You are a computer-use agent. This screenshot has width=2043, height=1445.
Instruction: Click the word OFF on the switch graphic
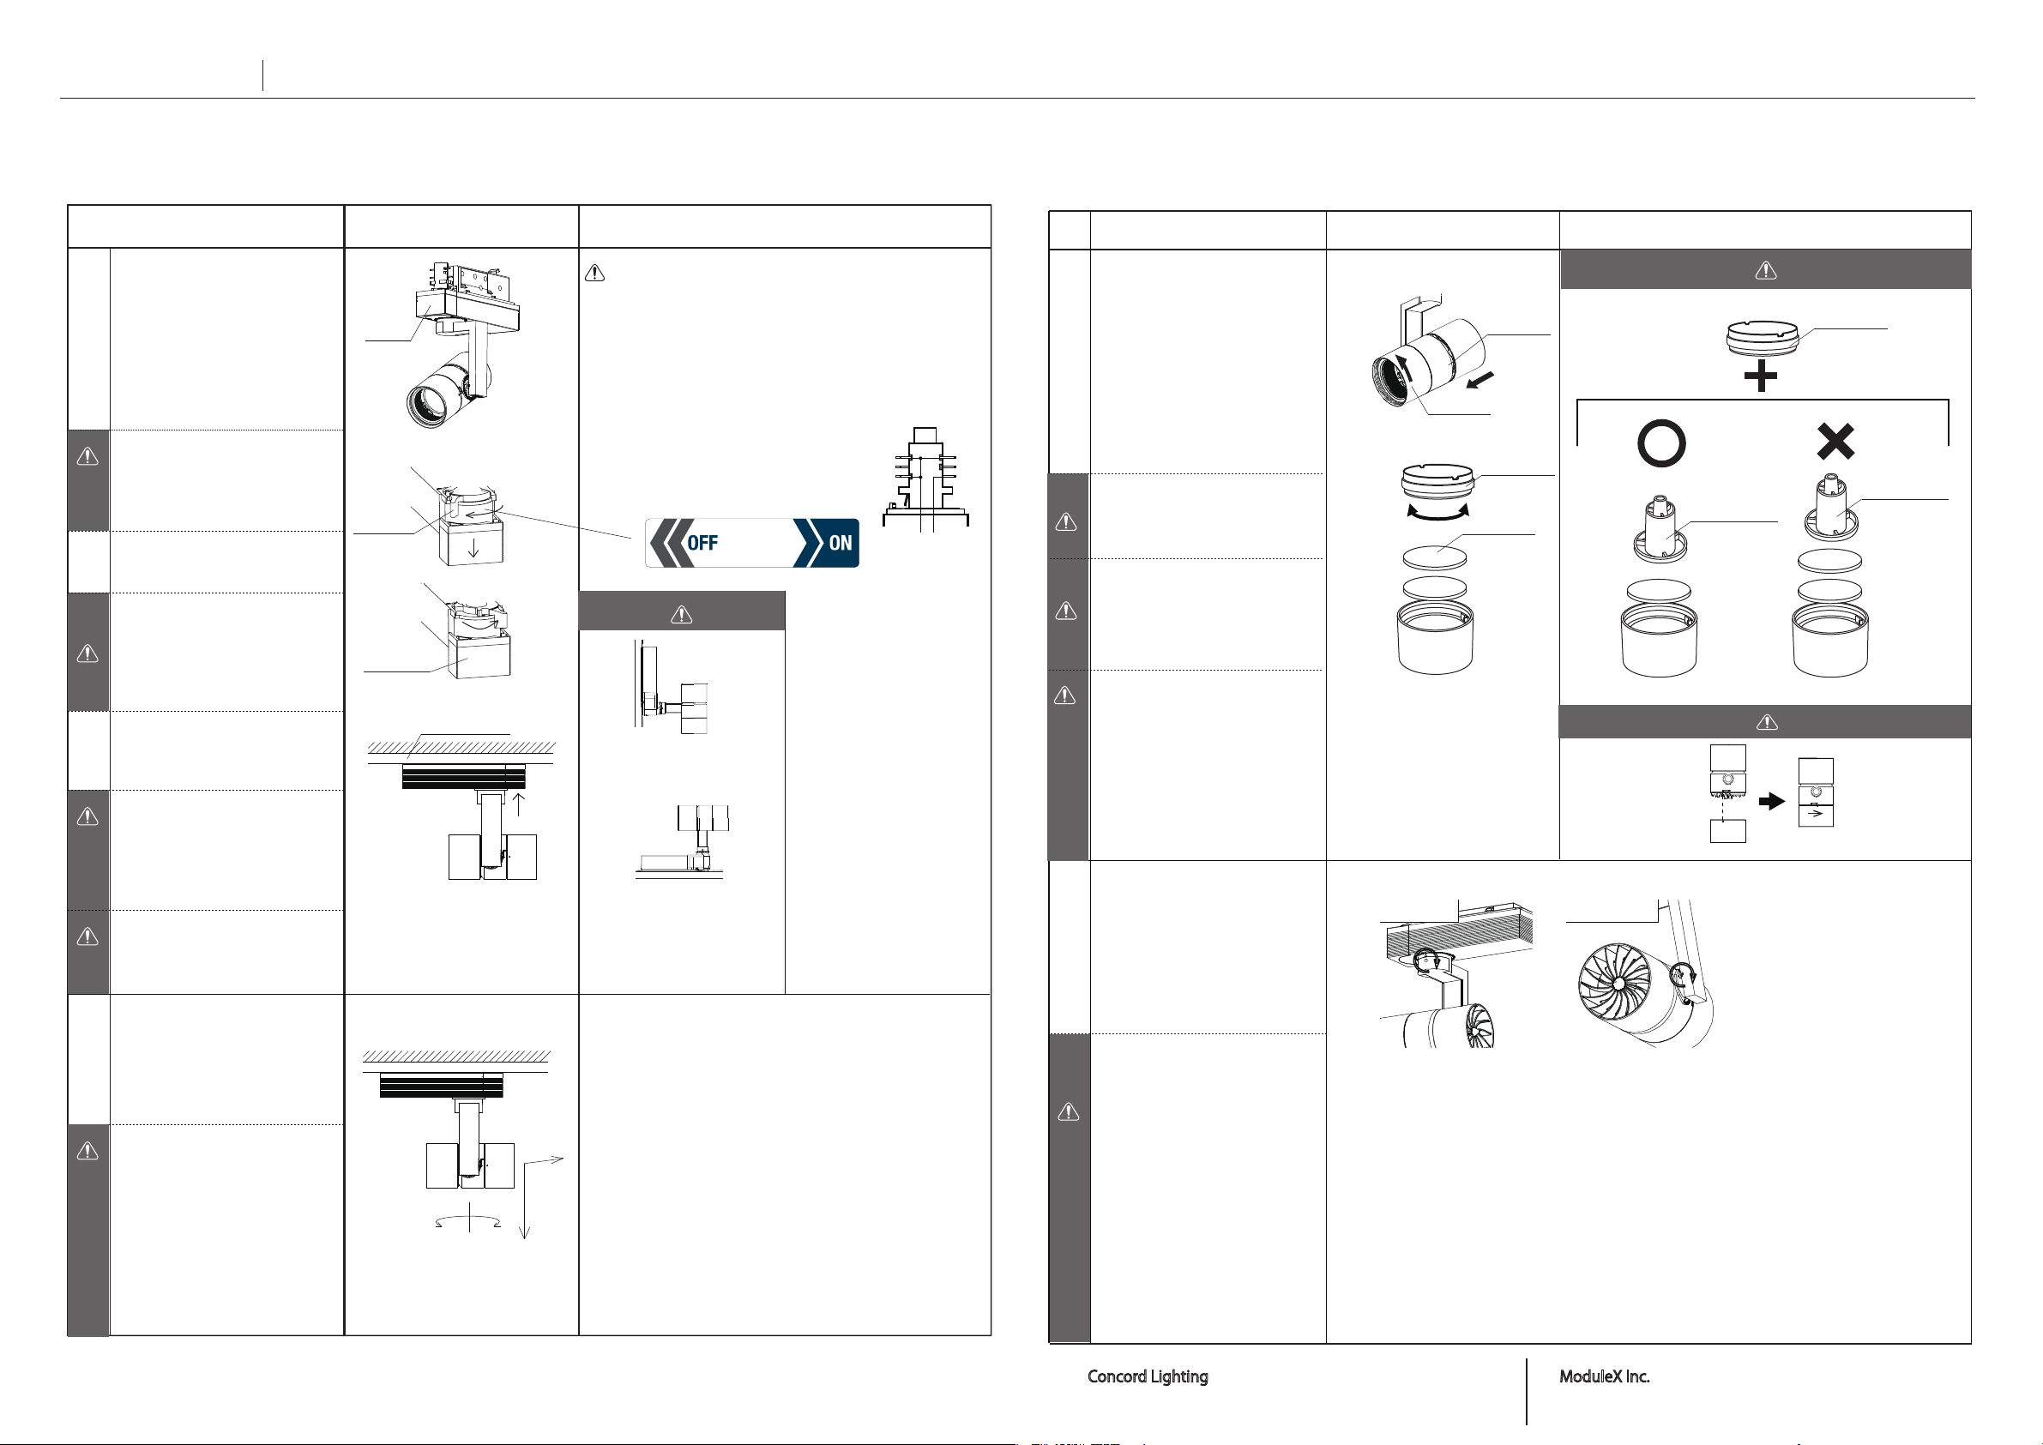pyautogui.click(x=702, y=543)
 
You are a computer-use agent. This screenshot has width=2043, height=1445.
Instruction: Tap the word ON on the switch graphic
pyautogui.click(x=839, y=543)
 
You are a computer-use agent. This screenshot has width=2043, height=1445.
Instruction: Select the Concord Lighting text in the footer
pyautogui.click(x=1147, y=1376)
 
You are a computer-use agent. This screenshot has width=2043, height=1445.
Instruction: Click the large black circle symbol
pyautogui.click(x=1660, y=443)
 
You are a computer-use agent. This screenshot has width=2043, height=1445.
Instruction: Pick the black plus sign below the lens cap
pyautogui.click(x=1760, y=376)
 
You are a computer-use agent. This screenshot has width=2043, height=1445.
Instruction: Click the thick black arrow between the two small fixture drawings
pyautogui.click(x=1773, y=801)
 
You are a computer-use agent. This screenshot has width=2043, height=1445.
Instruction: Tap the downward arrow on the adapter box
pyautogui.click(x=473, y=547)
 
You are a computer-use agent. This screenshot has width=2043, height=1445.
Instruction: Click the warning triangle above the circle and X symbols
pyautogui.click(x=1765, y=269)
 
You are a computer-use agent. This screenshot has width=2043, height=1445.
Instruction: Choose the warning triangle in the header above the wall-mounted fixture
pyautogui.click(x=682, y=614)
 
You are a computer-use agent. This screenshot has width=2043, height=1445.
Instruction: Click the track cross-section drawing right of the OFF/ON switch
pyautogui.click(x=925, y=480)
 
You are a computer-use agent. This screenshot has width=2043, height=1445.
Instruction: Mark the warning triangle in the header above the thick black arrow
pyautogui.click(x=1767, y=721)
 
